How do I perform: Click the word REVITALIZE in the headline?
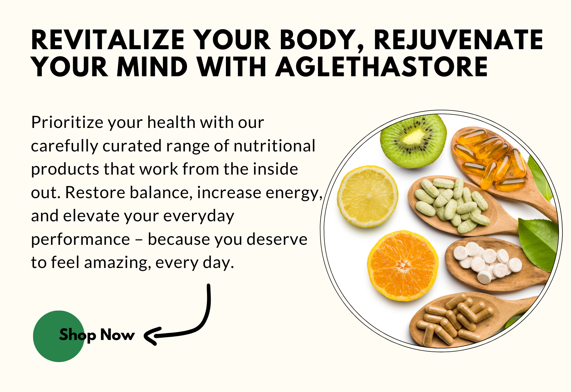tap(107, 40)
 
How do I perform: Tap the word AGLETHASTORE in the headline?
tap(381, 66)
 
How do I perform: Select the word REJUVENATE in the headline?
tap(459, 40)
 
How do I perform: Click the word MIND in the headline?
tap(152, 66)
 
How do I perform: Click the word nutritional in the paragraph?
tap(274, 146)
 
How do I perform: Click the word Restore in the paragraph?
tap(95, 192)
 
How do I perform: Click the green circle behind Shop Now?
tap(59, 336)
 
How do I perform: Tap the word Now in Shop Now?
tap(117, 335)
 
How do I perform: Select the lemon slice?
tap(368, 196)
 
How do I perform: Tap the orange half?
tap(403, 265)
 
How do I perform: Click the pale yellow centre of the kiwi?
tap(414, 136)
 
